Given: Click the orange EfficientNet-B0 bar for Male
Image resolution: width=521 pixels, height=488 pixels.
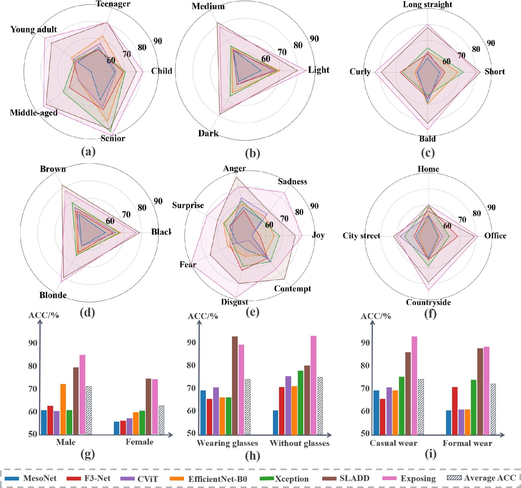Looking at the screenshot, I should [63, 409].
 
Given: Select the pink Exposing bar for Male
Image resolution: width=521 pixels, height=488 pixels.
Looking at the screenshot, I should [82, 394].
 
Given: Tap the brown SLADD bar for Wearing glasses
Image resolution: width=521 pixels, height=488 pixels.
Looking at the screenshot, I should [235, 385].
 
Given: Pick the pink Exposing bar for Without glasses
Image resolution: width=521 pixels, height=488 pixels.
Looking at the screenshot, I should [313, 385].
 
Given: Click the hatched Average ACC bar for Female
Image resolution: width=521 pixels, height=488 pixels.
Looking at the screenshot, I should [162, 420].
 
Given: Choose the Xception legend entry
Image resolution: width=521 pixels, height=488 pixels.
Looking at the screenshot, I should [284, 479].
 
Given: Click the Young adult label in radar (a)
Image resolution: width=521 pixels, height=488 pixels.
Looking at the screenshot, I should [34, 29].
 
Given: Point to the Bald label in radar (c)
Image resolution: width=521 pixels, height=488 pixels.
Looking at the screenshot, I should [427, 139].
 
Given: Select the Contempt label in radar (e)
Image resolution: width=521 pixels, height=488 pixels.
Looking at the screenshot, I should [292, 289].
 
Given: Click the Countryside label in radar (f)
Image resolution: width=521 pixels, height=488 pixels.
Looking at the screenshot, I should [428, 302].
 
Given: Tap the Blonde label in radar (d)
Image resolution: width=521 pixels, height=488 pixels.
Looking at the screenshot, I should [53, 295].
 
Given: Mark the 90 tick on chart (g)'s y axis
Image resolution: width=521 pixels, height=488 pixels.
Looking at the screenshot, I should [33, 343].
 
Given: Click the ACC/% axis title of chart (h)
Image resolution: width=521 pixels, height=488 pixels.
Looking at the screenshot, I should [203, 316].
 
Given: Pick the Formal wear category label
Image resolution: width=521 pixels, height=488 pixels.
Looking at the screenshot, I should [467, 443].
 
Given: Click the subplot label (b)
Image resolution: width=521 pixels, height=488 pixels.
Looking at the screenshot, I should [252, 153].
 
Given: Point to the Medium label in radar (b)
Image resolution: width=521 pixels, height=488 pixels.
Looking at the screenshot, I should [208, 6].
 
